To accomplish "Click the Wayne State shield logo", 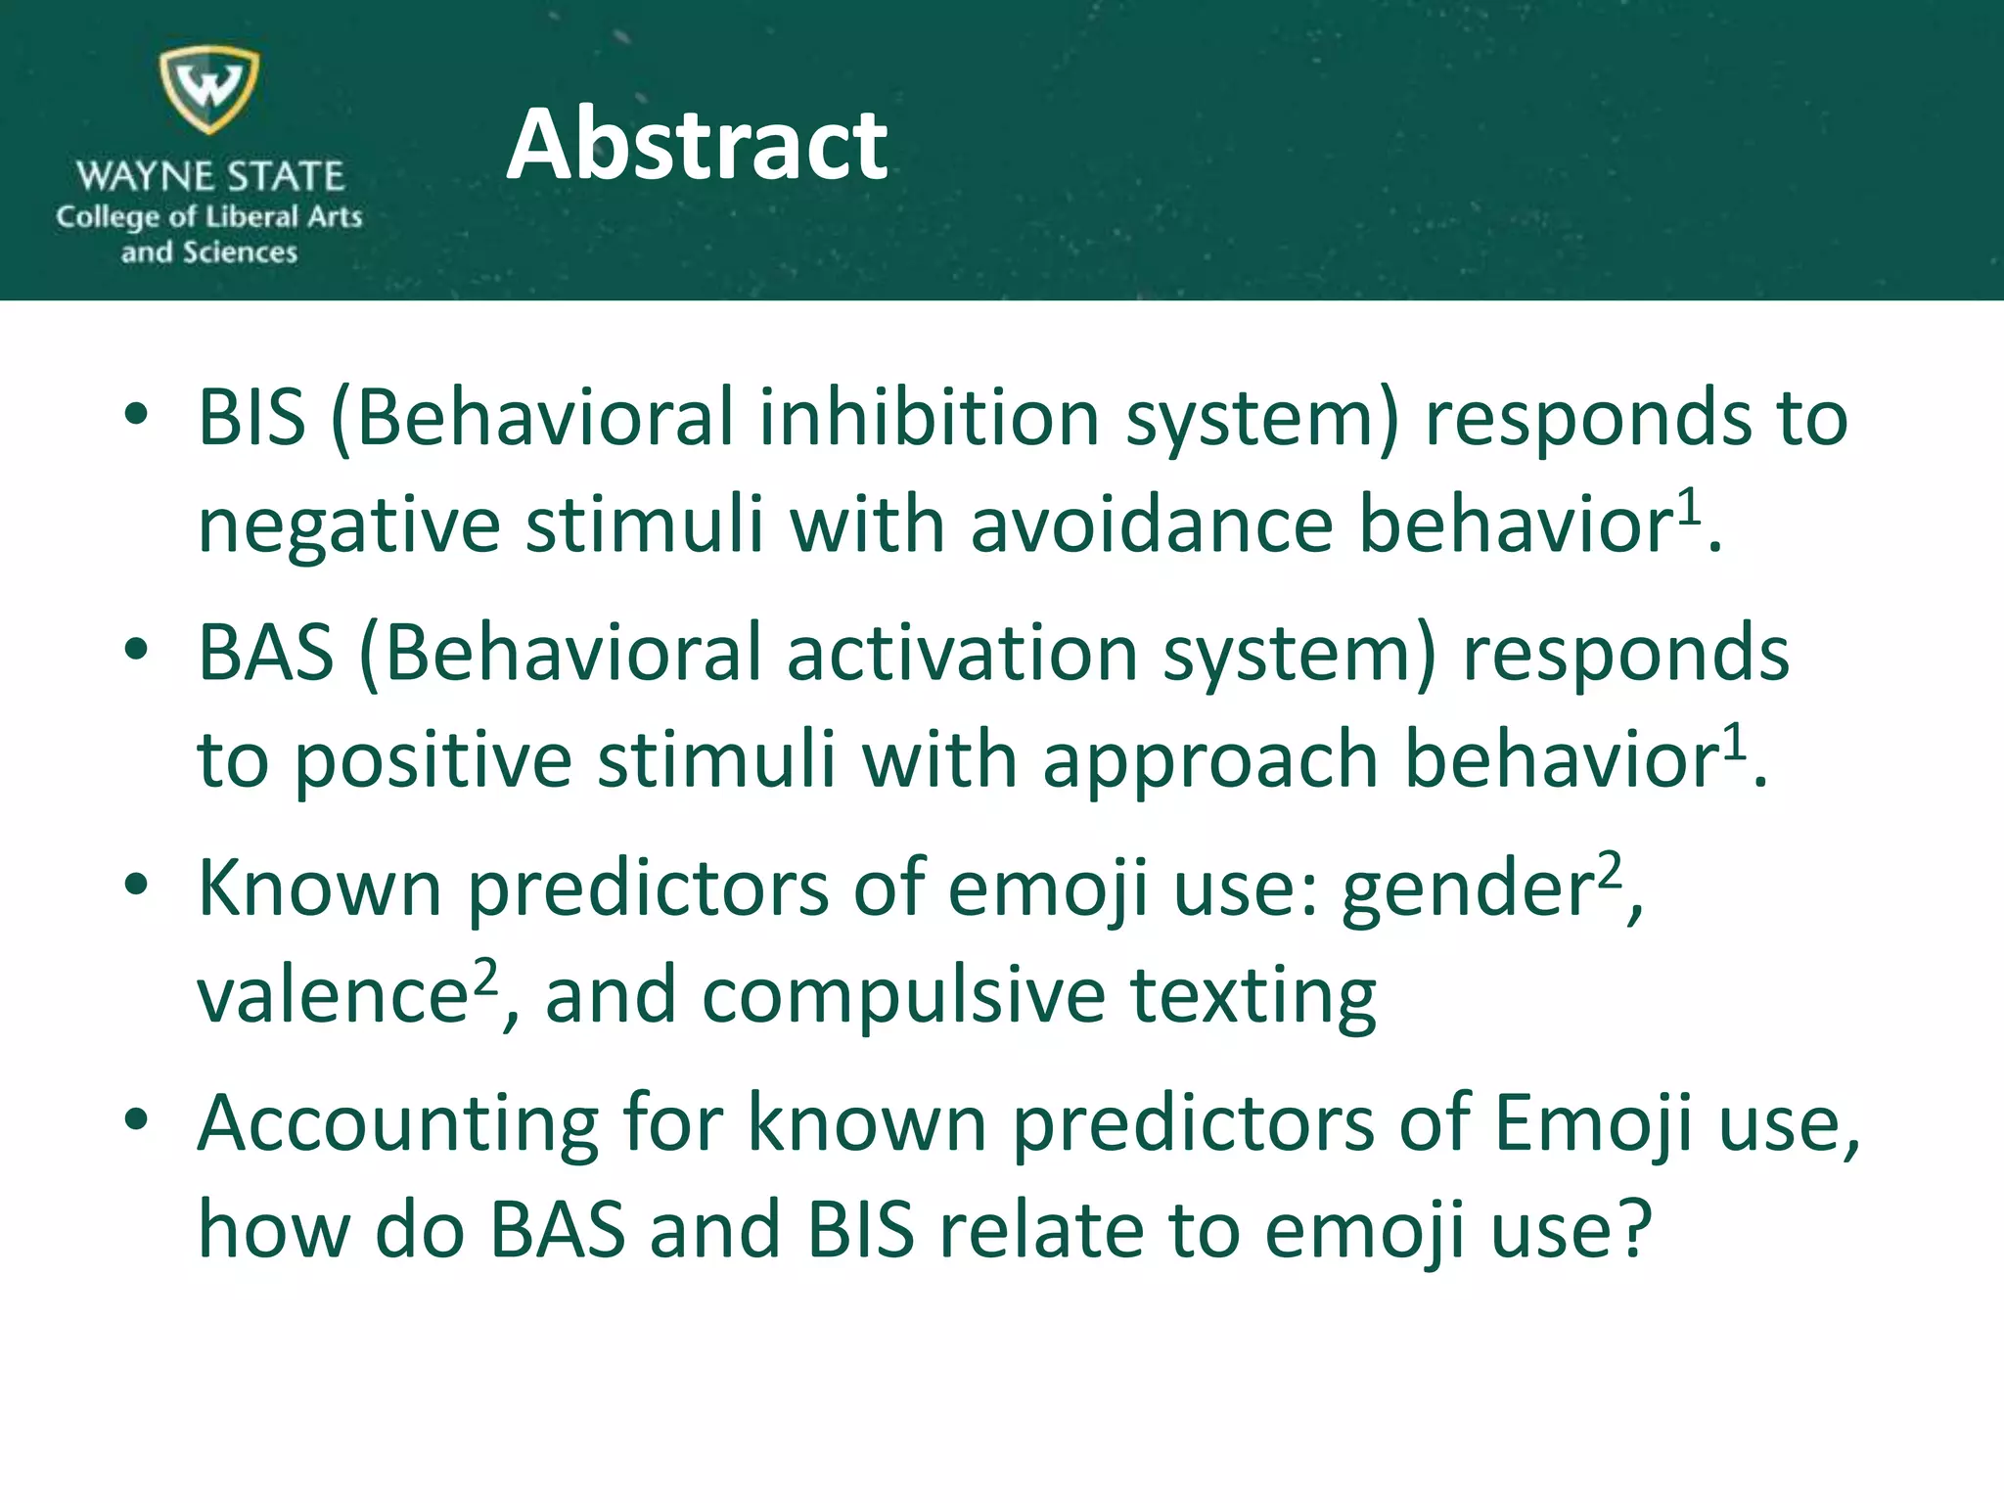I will click(209, 88).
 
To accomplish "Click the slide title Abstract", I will click(697, 145).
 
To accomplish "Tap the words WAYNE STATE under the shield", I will click(209, 177).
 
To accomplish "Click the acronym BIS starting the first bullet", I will click(251, 418).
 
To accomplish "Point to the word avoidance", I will click(1151, 524).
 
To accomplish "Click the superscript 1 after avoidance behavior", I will click(1689, 507).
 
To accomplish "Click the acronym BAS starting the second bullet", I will click(265, 653).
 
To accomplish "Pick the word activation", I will click(962, 653).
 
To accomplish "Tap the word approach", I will click(1210, 761).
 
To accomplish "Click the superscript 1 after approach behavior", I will click(1734, 743).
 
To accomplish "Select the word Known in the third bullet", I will click(320, 888).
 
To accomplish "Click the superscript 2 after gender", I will click(1610, 869).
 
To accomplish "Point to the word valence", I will click(333, 996).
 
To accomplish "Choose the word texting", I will click(1253, 996).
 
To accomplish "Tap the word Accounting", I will click(397, 1124).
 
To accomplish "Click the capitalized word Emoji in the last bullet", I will click(1593, 1124).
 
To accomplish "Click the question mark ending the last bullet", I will click(1632, 1230).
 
